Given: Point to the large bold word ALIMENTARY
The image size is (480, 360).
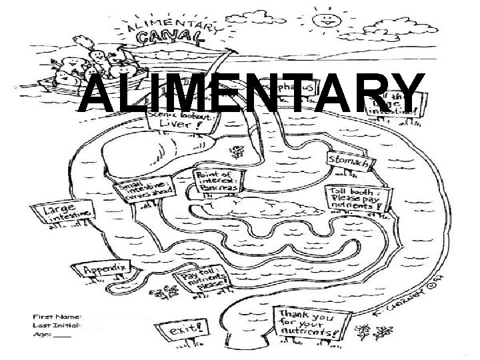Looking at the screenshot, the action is [x=251, y=95].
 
